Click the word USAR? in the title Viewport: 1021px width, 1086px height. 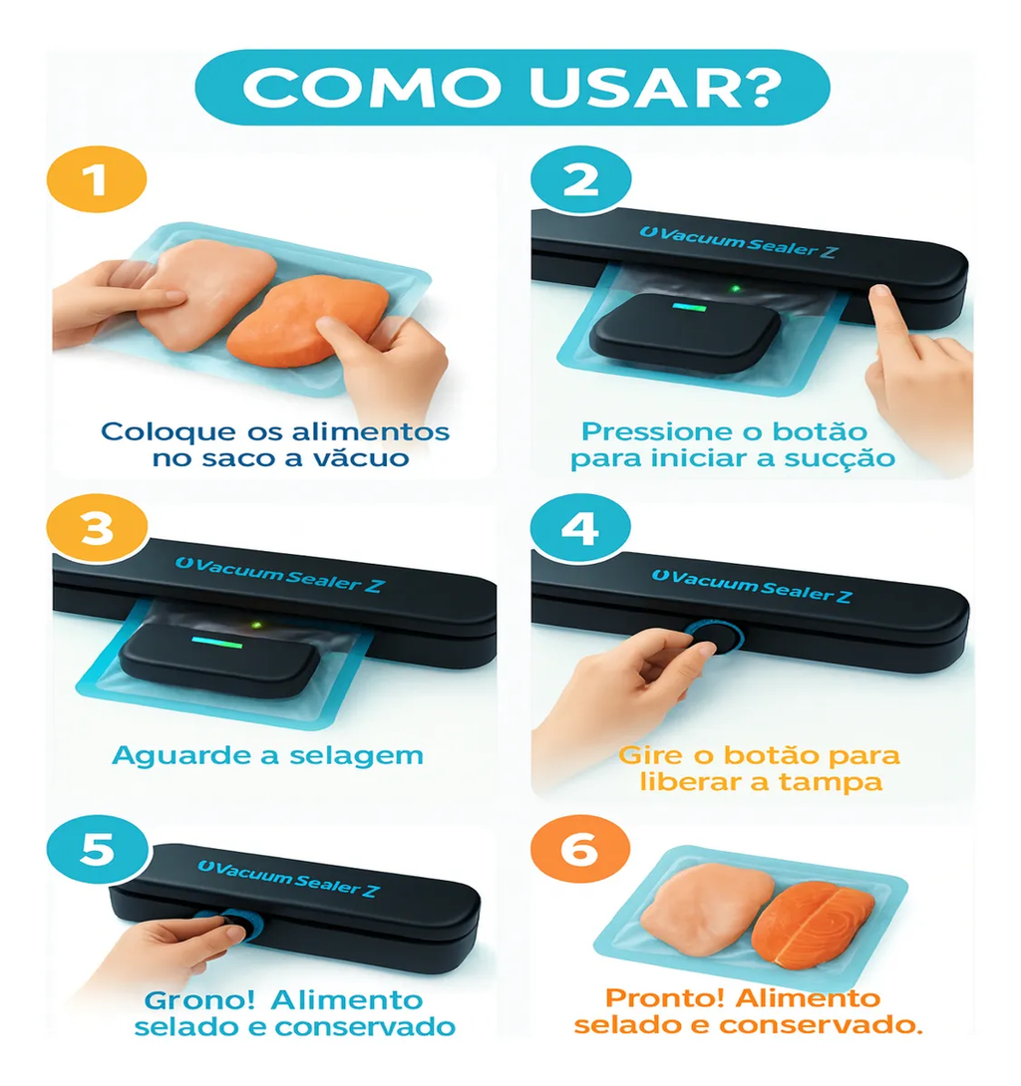668,87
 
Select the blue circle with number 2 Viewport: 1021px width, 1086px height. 580,182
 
